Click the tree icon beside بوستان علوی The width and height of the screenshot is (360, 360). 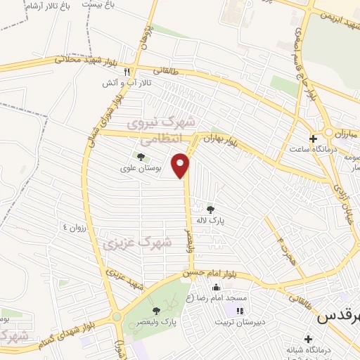pyautogui.click(x=140, y=156)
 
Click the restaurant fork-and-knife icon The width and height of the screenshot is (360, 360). pyautogui.click(x=127, y=71)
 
